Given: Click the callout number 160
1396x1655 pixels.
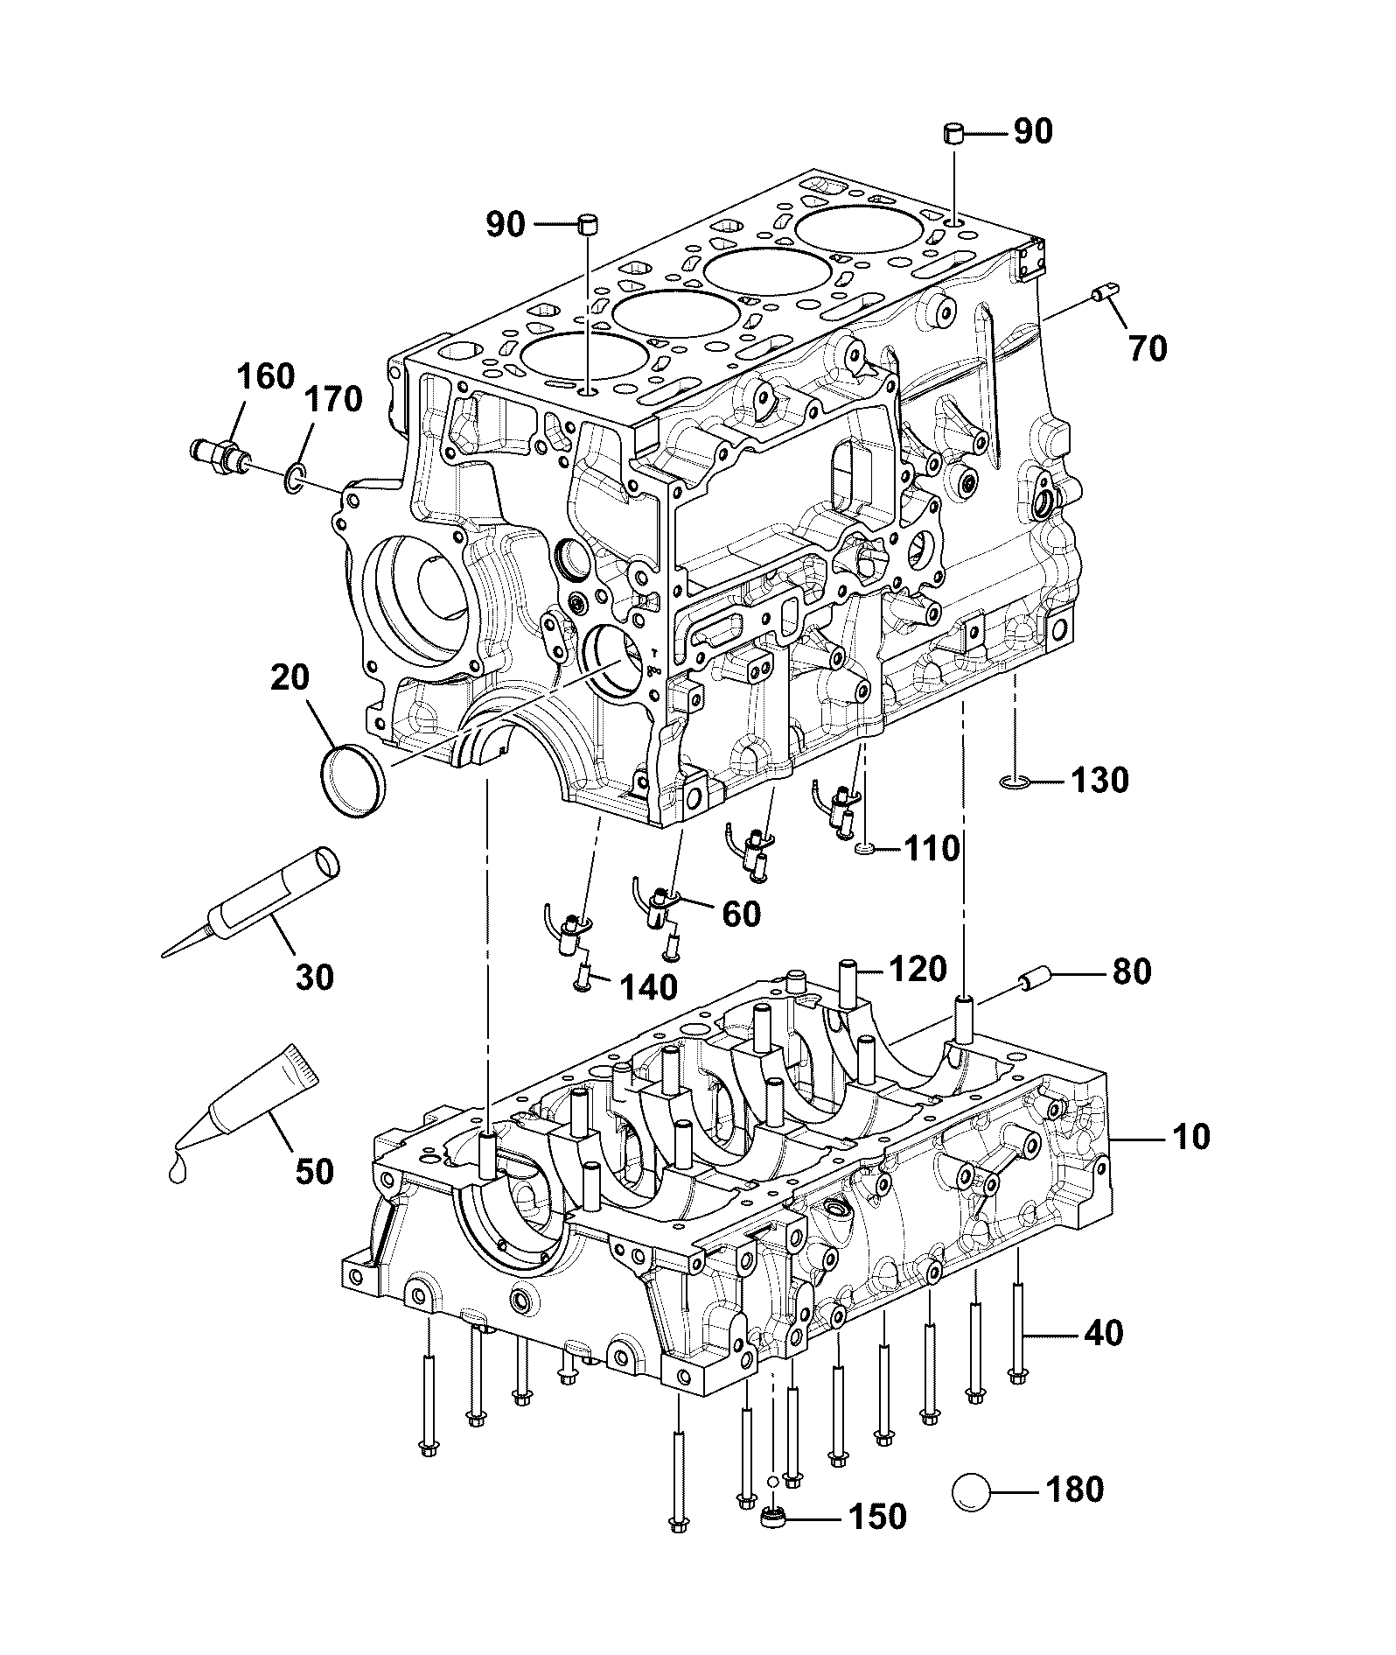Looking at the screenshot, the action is point(266,376).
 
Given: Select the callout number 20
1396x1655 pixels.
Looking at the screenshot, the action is point(290,677).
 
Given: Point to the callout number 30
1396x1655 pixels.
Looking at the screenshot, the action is point(314,977).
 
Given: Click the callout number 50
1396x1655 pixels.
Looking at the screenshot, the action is point(314,1171).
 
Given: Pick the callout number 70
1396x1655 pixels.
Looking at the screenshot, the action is point(1148,348).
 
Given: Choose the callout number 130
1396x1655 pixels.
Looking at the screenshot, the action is point(1100,780).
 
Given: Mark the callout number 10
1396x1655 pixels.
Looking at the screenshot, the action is point(1190,1137).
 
